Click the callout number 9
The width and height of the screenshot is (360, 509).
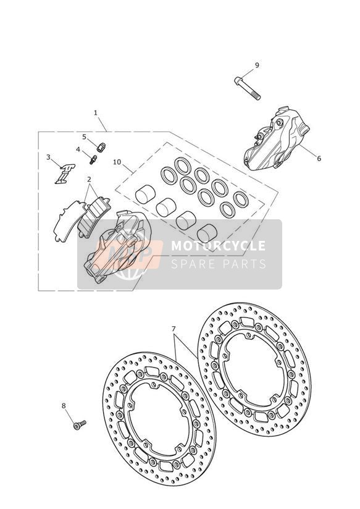coord(257,65)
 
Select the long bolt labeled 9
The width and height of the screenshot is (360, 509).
coord(248,88)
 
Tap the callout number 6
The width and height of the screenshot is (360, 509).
coord(319,158)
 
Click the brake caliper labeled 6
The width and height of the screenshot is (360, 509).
coord(275,138)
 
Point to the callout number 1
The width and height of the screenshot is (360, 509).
coord(96,113)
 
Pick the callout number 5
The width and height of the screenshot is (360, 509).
coord(85,137)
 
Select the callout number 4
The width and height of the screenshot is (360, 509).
coord(78,149)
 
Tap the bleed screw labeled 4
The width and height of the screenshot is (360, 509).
coord(93,159)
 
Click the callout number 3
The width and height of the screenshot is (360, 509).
coord(48,158)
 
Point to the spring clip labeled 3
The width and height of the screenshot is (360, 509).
coord(65,174)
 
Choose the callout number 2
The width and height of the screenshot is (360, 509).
coord(89,179)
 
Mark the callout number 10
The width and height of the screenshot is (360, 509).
coord(117,162)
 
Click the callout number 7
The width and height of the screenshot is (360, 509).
coord(174,329)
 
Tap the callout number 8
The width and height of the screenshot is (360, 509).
coord(64,405)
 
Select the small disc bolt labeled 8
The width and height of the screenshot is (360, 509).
coord(80,424)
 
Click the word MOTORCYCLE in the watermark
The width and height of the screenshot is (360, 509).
coord(218,246)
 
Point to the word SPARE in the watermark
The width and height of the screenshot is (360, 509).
coord(193,264)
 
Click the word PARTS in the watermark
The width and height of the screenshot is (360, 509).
coord(244,264)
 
